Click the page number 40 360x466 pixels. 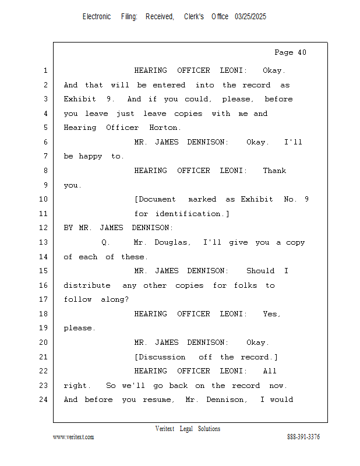click(x=302, y=52)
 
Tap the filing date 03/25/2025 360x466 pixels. click(x=250, y=17)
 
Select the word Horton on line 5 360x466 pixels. click(x=165, y=128)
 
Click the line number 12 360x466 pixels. click(x=44, y=228)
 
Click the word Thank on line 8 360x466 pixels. click(x=274, y=171)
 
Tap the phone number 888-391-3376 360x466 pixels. click(x=303, y=437)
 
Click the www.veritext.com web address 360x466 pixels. click(x=73, y=437)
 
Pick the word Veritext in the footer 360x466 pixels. click(x=165, y=429)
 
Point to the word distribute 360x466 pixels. click(x=87, y=285)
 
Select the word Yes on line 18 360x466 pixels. click(x=271, y=314)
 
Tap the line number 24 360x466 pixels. click(x=44, y=400)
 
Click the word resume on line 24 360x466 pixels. click(x=158, y=400)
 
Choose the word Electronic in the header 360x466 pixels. click(x=97, y=17)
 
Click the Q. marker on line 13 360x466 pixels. click(x=105, y=242)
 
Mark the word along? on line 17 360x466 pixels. click(x=114, y=299)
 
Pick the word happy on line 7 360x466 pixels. click(x=90, y=157)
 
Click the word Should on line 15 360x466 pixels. click(x=260, y=271)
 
